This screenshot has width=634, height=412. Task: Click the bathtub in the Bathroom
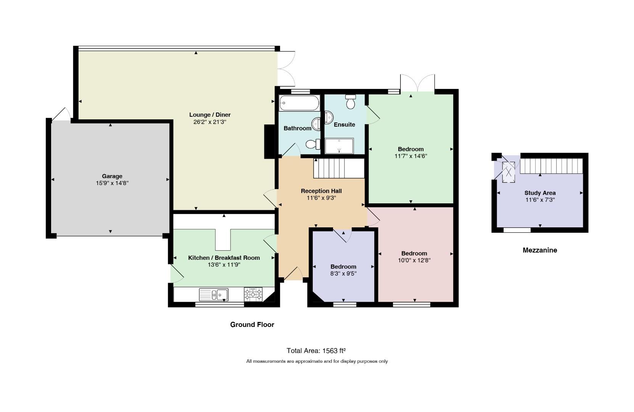pos(299,103)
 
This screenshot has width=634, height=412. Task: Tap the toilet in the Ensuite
pos(351,101)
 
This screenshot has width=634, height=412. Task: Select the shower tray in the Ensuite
pos(339,146)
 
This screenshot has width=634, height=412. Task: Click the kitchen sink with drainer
pos(214,295)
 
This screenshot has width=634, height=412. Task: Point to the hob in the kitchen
pos(253,294)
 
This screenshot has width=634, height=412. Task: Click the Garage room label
pos(112,176)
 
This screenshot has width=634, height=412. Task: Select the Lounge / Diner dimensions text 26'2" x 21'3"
pos(210,122)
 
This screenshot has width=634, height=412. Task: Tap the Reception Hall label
pos(321,191)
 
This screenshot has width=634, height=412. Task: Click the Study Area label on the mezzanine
pos(540,193)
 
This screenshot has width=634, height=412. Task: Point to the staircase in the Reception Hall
pos(339,168)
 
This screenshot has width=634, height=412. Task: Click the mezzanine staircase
pos(551,166)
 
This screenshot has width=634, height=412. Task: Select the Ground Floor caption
pos(252,325)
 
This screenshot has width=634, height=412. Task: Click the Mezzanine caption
pos(540,250)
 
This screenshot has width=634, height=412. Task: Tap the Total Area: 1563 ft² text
pos(316,351)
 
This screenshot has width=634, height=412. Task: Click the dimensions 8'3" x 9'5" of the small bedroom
pos(343,274)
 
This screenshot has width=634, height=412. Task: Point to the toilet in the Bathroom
pos(313,144)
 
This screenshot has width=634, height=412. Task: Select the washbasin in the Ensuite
pos(328,117)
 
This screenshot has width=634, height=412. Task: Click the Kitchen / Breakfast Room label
pos(224,258)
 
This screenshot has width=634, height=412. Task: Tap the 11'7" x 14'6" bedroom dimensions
pos(411,156)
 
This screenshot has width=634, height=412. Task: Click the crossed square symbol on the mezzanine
pos(508,172)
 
